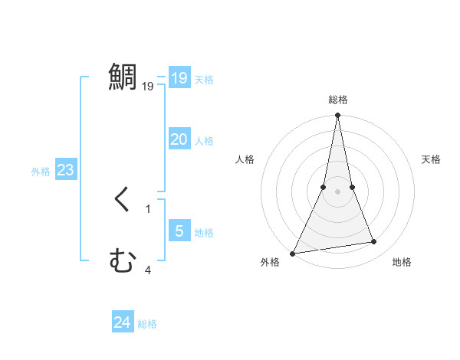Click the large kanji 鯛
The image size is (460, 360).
point(123,77)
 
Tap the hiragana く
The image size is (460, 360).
point(123,200)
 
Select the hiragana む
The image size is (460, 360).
point(123,262)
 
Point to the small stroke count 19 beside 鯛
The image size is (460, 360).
point(148,87)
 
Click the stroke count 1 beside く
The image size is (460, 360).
point(148,208)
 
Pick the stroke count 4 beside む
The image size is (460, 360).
point(148,270)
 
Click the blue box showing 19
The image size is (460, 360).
point(179,78)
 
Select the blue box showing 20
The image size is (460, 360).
point(179,139)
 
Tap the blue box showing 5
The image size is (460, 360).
point(179,231)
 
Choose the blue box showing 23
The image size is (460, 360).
point(65,170)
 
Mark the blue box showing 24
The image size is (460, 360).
point(122,322)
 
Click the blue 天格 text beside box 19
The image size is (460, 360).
point(204,80)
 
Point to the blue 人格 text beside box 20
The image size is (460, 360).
point(204,141)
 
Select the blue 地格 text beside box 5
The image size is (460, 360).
point(204,233)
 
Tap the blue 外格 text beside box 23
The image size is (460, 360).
point(41,172)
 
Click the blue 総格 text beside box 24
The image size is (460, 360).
point(147,324)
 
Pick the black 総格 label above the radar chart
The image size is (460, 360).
point(337,100)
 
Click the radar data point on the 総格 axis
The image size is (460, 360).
point(337,116)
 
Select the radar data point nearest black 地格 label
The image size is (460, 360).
point(374,242)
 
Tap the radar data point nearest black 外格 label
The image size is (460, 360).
point(293,253)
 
